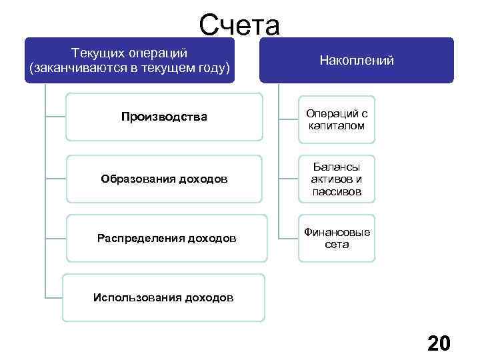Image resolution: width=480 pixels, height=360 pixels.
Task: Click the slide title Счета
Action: pos(239,25)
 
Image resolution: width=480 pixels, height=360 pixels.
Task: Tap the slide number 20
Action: pos(439,343)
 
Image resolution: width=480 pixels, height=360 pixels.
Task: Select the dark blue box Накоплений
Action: pos(357,60)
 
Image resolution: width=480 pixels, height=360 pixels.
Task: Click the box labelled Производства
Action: pos(164,117)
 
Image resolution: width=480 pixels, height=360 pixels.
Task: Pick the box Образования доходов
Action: pos(164,178)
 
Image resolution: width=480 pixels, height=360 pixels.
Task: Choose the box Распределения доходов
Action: pos(166,238)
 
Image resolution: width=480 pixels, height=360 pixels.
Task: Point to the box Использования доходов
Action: pos(163,297)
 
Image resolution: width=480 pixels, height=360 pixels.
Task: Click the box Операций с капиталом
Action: pos(337,119)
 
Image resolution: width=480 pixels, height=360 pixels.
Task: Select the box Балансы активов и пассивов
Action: pos(337,179)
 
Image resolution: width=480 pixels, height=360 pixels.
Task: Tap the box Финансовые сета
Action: pos(337,238)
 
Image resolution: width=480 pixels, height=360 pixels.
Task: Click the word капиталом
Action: pos(337,125)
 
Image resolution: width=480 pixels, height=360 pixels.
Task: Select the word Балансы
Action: pos(337,167)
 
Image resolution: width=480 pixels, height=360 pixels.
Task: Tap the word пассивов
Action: pos(337,191)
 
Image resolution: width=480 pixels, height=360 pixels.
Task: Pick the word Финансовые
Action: pos(337,232)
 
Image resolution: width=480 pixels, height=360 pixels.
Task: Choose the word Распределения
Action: pos(134,238)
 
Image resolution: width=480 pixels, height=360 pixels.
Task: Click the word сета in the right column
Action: pos(337,245)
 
